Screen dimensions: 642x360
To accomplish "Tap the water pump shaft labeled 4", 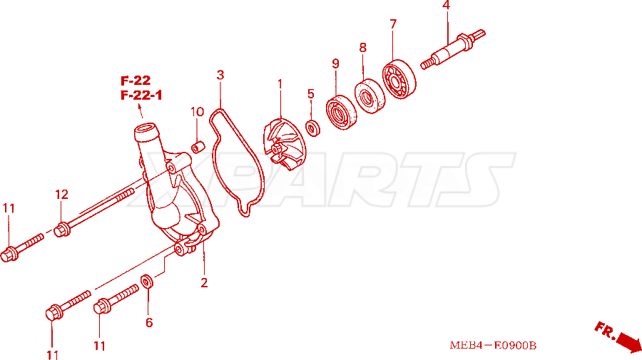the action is click(x=453, y=49).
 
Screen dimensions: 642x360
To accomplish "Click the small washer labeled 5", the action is click(x=313, y=128).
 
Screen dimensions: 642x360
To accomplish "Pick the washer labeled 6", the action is click(x=147, y=282).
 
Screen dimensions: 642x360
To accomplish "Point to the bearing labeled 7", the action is click(x=399, y=79).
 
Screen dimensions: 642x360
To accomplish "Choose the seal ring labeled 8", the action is click(x=370, y=96).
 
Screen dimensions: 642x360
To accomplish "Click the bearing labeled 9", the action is click(x=341, y=113).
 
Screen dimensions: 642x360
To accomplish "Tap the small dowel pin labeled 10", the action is click(x=198, y=146).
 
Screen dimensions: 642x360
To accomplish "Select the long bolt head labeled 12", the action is click(x=62, y=230).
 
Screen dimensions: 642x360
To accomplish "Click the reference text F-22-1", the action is click(x=141, y=96).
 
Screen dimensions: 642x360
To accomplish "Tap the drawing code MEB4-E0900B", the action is click(x=493, y=346).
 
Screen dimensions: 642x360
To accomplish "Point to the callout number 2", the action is click(x=204, y=283).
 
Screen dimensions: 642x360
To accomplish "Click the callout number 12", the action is click(x=62, y=195).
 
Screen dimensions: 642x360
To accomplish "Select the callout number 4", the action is click(x=447, y=5).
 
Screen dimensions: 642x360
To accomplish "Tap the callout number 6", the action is click(x=149, y=323).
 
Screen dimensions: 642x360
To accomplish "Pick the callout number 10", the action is click(x=197, y=112).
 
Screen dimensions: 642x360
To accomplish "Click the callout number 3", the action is click(x=220, y=75).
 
